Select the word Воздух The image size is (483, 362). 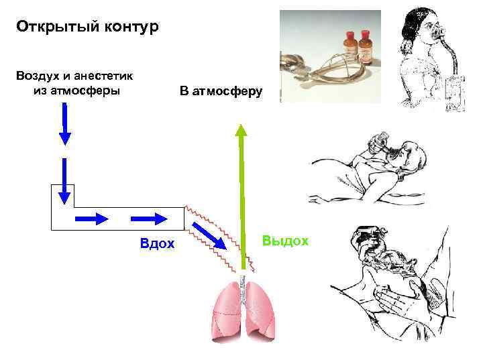point(38,76)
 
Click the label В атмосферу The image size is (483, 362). point(221,91)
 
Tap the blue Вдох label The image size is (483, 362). point(157,243)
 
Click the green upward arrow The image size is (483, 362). point(241,194)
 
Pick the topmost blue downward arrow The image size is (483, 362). point(64,125)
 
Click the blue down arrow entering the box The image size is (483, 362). point(64,181)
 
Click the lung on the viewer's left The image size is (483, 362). point(226,310)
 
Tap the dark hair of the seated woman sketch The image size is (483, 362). point(415,30)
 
